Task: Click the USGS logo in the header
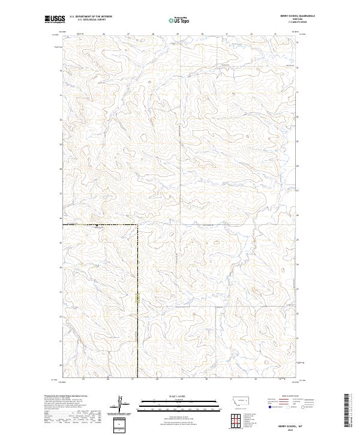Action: click(x=54, y=19)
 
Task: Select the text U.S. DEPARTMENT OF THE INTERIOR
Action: click(x=91, y=17)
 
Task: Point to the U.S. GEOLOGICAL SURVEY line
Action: click(x=91, y=20)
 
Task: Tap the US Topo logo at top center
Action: click(x=181, y=19)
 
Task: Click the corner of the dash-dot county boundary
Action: click(x=137, y=225)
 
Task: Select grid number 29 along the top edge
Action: click(x=178, y=34)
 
